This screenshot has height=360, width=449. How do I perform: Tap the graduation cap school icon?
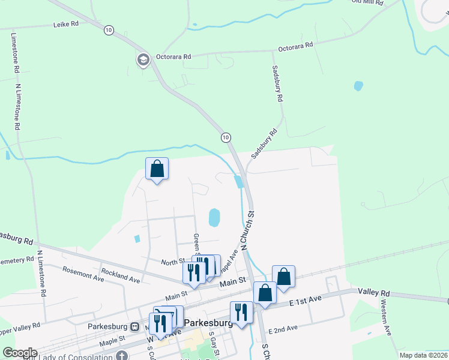143,60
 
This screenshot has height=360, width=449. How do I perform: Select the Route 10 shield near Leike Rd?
108,30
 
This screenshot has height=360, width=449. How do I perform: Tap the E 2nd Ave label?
283,329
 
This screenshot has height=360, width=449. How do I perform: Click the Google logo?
20,353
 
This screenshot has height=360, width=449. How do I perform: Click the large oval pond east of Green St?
214,217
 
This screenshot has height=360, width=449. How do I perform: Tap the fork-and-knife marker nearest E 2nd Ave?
241,312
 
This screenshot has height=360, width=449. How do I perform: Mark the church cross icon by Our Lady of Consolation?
121,355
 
